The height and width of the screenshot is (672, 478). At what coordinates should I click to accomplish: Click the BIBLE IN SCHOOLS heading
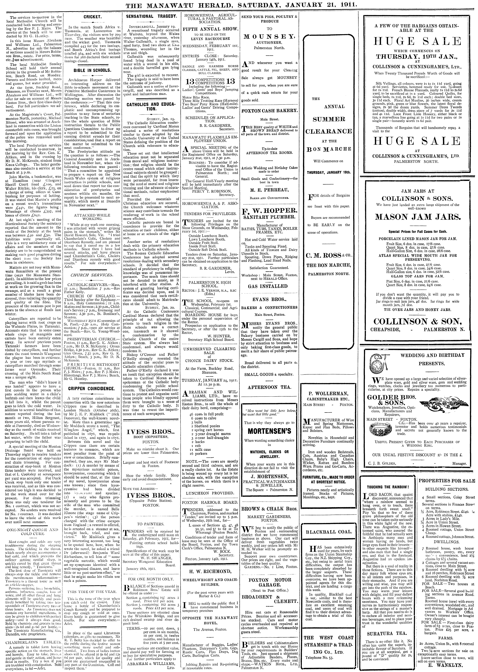92,71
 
